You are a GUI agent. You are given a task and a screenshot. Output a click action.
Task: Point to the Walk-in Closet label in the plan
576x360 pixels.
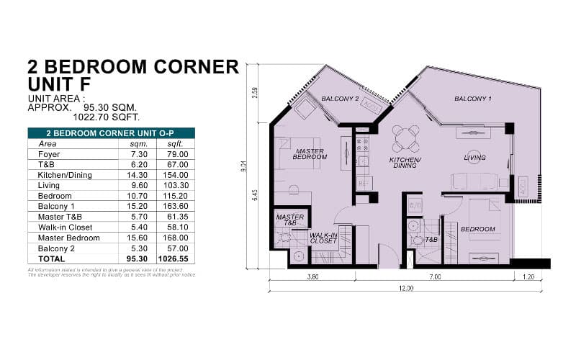[x=324, y=238]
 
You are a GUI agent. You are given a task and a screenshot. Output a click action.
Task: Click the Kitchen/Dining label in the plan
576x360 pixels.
[x=405, y=162]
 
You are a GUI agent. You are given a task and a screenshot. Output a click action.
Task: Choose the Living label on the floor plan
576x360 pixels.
[x=474, y=158]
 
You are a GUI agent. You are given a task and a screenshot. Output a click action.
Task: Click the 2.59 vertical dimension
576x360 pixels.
[x=255, y=94]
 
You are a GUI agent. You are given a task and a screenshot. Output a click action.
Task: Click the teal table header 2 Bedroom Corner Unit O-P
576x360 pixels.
[x=110, y=132]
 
